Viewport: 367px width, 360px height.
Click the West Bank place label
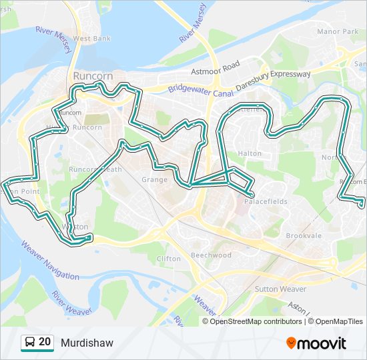coord(92,39)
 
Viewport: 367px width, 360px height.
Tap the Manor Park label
coord(338,31)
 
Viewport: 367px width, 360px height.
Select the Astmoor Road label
coord(215,69)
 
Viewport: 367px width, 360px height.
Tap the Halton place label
coord(250,153)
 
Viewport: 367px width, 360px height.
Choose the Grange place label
coord(155,180)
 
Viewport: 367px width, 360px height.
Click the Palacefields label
coord(265,201)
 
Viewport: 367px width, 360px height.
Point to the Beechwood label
coord(211,255)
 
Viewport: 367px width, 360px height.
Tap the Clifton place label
coord(168,259)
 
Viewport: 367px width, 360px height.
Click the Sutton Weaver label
coord(280,289)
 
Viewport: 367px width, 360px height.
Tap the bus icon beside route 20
coord(29,343)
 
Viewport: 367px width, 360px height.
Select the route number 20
coord(45,342)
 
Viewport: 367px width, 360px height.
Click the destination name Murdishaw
coord(87,343)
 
